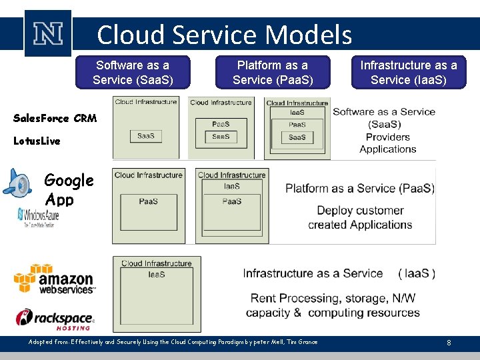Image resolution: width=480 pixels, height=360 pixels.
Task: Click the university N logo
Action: tap(47, 33)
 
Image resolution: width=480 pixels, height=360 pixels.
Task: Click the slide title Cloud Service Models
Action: tap(224, 34)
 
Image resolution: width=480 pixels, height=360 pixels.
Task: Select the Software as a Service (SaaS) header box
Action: tap(133, 73)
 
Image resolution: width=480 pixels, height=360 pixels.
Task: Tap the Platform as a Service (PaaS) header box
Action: tap(273, 73)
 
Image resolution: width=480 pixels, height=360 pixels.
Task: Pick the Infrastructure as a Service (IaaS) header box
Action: tap(409, 73)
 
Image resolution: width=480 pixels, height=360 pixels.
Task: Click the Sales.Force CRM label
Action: tap(55, 119)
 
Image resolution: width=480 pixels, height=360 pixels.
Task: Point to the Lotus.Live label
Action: tap(37, 141)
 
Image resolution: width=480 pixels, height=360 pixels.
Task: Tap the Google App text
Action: tap(68, 189)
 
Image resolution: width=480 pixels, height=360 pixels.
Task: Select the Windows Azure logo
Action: tap(39, 217)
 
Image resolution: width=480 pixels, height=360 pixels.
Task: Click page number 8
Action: tap(449, 343)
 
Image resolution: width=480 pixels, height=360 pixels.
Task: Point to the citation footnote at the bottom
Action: tap(173, 342)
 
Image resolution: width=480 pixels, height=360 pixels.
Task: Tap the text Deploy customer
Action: tap(360, 210)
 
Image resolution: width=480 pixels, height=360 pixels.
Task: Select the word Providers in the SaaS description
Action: tap(387, 137)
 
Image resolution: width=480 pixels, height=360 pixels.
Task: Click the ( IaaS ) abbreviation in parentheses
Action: tap(417, 273)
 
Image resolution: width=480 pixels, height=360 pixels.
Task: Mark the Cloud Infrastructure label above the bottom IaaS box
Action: tap(156, 263)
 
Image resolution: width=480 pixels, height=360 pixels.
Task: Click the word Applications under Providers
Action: tap(387, 149)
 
